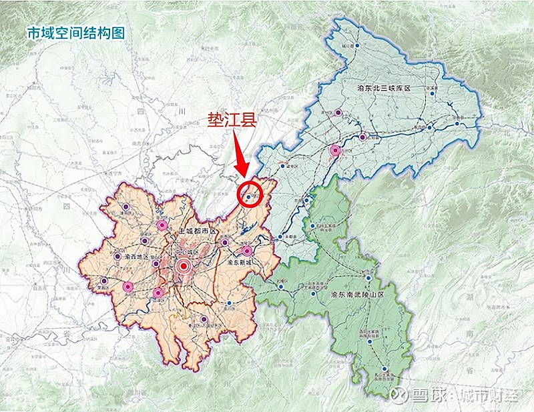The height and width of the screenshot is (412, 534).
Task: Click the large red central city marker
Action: (184, 267)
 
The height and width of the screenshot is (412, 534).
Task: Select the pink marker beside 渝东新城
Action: (248, 251)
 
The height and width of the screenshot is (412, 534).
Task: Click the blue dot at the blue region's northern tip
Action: (357, 45)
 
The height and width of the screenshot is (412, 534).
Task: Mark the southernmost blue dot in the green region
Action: (384, 369)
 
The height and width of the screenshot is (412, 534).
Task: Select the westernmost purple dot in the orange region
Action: (104, 280)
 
